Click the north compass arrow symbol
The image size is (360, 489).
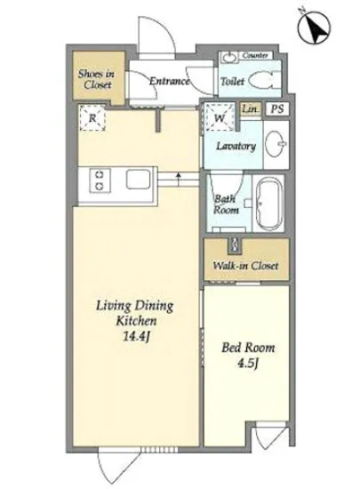tap(314, 28)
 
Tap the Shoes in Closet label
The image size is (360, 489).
tap(96, 79)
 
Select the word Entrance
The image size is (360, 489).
tap(169, 81)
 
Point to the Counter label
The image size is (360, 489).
tap(255, 55)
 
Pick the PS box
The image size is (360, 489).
tap(277, 108)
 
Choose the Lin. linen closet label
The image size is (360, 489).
tap(251, 109)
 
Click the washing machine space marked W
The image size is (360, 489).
tap(220, 117)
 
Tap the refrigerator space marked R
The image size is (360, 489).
tap(92, 117)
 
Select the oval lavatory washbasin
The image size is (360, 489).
tap(276, 143)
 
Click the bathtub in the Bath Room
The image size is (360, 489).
tap(269, 204)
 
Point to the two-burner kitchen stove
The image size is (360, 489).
tap(100, 180)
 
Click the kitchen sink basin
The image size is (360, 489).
tap(138, 180)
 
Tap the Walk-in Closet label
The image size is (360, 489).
tap(245, 266)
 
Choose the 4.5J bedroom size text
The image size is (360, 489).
tap(248, 364)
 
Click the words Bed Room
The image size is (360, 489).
tap(248, 347)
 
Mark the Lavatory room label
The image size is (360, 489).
tap(236, 146)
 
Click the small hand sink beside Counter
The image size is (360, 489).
tap(229, 57)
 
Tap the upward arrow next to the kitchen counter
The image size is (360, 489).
tap(179, 180)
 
